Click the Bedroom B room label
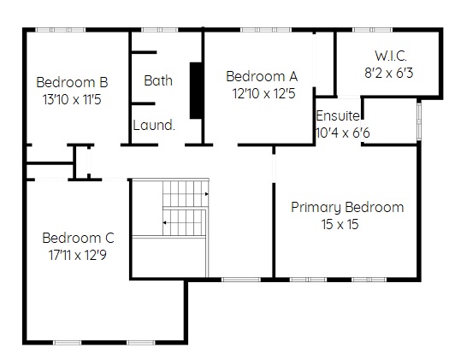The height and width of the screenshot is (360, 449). pyautogui.click(x=72, y=82)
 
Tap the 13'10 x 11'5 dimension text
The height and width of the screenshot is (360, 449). pyautogui.click(x=72, y=100)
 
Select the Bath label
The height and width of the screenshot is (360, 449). pyautogui.click(x=158, y=80)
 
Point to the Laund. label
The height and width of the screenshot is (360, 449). pyautogui.click(x=154, y=125)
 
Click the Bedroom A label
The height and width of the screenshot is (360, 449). pyautogui.click(x=262, y=76)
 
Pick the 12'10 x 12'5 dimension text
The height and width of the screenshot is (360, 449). pyautogui.click(x=263, y=94)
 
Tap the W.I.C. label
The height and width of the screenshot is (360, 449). pyautogui.click(x=391, y=56)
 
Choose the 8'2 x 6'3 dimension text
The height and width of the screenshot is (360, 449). pyautogui.click(x=389, y=73)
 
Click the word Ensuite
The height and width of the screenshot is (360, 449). pyautogui.click(x=338, y=116)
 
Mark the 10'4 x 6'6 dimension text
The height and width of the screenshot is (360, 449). pyautogui.click(x=342, y=133)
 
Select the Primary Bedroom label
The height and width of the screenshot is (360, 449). pyautogui.click(x=347, y=208)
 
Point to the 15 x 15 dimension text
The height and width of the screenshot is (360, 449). pyautogui.click(x=340, y=224)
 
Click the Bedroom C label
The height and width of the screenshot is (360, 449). pyautogui.click(x=78, y=238)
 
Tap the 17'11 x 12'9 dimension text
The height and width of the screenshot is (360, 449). pyautogui.click(x=78, y=255)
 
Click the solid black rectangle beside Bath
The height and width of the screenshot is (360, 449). pyautogui.click(x=196, y=91)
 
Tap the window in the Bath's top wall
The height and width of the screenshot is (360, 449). pyautogui.click(x=159, y=30)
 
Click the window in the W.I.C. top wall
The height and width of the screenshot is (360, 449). pyautogui.click(x=372, y=30)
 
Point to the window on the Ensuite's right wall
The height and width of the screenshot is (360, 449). pyautogui.click(x=419, y=121)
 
